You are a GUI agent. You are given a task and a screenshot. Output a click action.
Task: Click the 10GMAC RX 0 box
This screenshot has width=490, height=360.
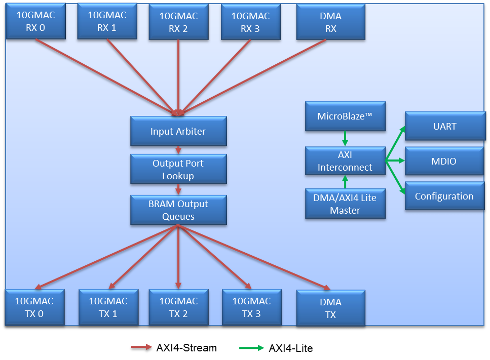click(35, 22)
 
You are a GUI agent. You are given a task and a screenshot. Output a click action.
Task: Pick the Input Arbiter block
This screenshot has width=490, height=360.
click(178, 132)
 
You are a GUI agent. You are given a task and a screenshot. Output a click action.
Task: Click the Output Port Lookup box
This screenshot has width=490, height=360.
click(178, 170)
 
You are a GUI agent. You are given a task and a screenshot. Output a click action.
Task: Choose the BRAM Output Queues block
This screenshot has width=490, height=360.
click(178, 210)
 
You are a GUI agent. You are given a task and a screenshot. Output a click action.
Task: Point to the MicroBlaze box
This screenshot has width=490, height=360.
click(345, 116)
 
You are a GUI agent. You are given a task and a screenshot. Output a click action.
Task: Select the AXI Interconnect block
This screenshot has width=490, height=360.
click(345, 162)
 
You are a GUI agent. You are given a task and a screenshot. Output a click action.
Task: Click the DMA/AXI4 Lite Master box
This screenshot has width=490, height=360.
click(345, 204)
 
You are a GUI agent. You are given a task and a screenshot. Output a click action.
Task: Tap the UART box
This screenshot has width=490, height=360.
click(445, 127)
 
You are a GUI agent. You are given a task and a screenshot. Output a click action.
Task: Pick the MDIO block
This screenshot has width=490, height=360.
click(444, 162)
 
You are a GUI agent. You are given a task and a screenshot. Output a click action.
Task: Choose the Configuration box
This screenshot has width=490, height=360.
click(444, 196)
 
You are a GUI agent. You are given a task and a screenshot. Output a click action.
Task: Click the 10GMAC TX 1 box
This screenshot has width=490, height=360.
click(108, 307)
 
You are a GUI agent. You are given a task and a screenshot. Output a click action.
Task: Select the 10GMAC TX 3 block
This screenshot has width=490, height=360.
click(251, 307)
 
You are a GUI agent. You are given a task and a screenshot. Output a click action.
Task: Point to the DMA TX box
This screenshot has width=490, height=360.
click(330, 308)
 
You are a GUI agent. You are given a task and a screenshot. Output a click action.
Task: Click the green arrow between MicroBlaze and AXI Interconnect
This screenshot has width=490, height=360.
click(345, 138)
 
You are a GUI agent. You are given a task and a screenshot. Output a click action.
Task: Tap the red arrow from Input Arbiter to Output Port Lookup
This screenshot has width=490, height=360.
click(178, 150)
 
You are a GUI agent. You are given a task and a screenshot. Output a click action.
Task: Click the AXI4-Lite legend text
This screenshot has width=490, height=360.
click(291, 348)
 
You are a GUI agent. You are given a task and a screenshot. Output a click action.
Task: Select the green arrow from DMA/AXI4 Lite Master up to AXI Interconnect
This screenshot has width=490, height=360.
click(345, 182)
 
